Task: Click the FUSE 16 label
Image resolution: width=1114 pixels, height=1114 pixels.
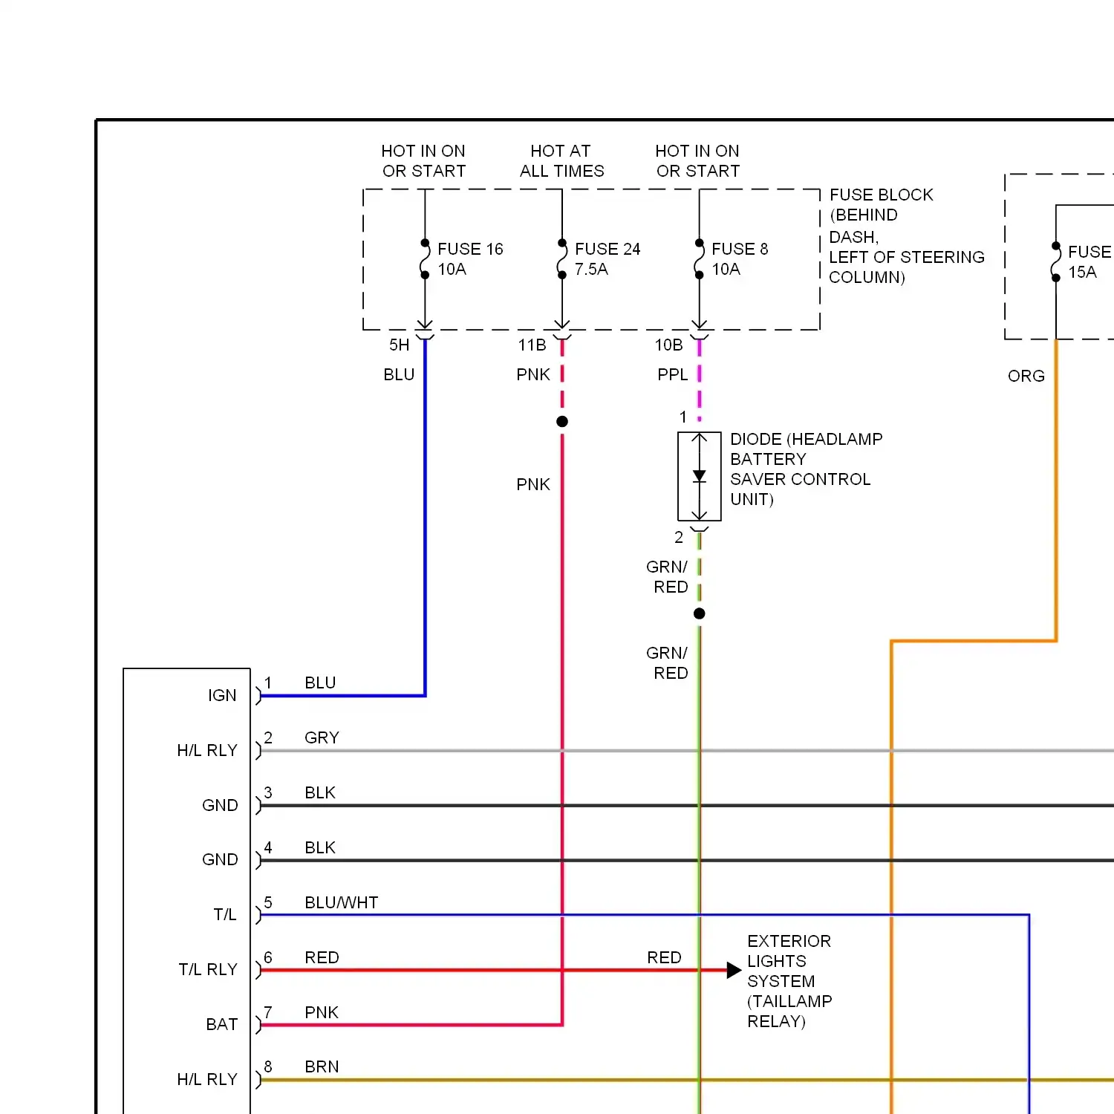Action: [x=469, y=250]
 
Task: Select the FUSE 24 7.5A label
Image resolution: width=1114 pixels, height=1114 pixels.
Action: [x=607, y=259]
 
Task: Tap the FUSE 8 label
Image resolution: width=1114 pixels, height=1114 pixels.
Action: [x=739, y=250]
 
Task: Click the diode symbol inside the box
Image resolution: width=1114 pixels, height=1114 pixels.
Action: [x=699, y=476]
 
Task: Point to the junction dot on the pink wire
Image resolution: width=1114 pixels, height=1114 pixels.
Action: [x=562, y=422]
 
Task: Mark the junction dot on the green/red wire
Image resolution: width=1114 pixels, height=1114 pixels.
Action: [x=699, y=613]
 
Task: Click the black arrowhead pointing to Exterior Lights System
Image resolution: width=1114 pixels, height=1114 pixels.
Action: [x=734, y=970]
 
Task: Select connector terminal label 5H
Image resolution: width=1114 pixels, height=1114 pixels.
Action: [x=399, y=345]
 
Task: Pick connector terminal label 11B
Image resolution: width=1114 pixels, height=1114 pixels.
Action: [x=532, y=345]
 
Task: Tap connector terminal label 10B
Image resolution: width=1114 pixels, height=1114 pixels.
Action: [x=668, y=345]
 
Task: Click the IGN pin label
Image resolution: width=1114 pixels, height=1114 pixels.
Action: [x=222, y=696]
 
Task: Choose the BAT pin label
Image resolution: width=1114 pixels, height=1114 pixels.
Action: [x=222, y=1025]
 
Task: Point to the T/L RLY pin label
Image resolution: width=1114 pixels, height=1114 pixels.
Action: [x=208, y=970]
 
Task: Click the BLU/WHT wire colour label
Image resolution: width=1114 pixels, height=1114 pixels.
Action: [x=341, y=903]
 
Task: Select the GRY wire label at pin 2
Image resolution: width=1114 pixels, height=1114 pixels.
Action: [x=322, y=738]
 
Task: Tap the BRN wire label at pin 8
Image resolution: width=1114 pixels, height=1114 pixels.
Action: [x=322, y=1067]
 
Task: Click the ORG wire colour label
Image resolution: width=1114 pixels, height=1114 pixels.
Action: [x=1026, y=377]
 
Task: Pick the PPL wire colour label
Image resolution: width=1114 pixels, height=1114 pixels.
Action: [x=672, y=375]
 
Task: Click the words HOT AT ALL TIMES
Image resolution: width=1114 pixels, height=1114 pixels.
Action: [x=561, y=161]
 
